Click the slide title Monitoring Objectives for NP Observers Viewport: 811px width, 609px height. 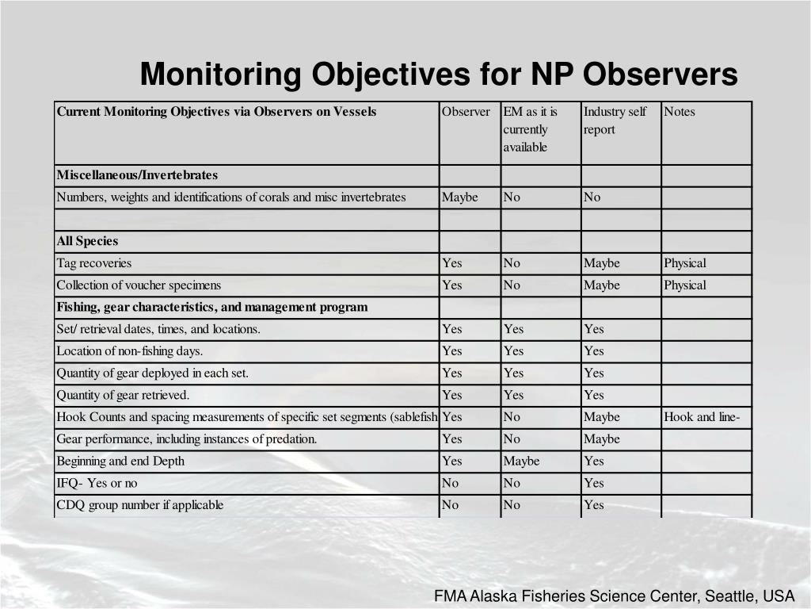coord(439,75)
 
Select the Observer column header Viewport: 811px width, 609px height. coord(466,112)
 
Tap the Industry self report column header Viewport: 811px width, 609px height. coord(615,121)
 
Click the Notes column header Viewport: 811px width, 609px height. coord(680,112)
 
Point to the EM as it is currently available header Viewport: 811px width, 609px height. coord(530,129)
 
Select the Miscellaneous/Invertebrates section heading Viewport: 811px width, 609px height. coord(137,175)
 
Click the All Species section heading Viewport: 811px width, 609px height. coord(87,241)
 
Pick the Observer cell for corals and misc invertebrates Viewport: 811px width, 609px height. coord(460,197)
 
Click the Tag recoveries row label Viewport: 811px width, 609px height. coord(94,263)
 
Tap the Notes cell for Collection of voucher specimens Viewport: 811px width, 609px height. coord(685,285)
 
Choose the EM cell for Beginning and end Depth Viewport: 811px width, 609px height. coord(521,462)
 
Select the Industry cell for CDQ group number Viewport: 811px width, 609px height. coord(594,505)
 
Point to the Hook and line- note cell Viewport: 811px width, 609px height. coord(702,417)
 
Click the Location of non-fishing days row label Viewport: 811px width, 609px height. coord(130,351)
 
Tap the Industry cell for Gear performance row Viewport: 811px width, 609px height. coord(602,439)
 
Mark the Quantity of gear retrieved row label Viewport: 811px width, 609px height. coord(123,395)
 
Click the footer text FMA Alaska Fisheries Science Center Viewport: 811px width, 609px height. coord(613,596)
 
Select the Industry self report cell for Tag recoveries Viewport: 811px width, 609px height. coord(602,263)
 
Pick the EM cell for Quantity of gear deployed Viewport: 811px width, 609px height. coord(513,373)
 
